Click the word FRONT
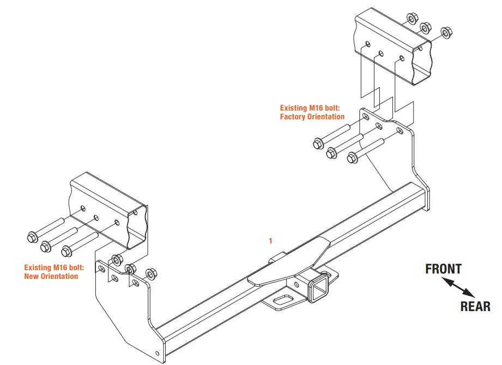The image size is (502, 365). pyautogui.click(x=443, y=269)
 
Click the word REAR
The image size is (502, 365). pyautogui.click(x=475, y=306)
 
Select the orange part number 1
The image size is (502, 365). pyautogui.click(x=270, y=240)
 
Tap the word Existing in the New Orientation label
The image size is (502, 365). pyautogui.click(x=38, y=267)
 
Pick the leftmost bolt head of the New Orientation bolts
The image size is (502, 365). pyautogui.click(x=31, y=238)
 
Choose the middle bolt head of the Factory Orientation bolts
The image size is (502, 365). pyautogui.click(x=332, y=153)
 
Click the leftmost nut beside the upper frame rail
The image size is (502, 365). pyautogui.click(x=412, y=19)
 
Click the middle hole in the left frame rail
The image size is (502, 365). pyautogui.click(x=96, y=217)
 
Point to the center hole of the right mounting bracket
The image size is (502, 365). pyautogui.click(x=379, y=126)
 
